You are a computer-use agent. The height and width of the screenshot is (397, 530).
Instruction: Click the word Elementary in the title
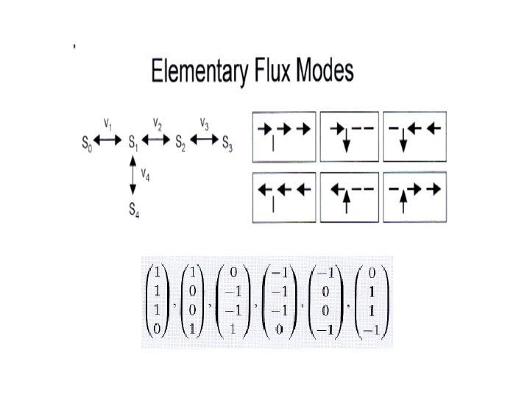(197, 73)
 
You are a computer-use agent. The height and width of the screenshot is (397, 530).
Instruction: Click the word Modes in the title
(321, 71)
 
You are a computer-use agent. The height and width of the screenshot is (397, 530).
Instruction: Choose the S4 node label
(134, 210)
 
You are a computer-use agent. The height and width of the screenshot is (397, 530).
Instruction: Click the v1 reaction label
(107, 122)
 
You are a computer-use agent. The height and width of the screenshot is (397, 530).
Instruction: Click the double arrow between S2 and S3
(204, 140)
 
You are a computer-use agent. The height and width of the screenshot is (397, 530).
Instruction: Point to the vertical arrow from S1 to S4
(133, 176)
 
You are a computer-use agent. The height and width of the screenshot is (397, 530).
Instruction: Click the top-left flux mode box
(283, 136)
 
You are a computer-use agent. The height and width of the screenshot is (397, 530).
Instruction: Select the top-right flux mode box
(414, 136)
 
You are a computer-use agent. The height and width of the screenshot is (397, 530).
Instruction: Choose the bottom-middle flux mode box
(349, 196)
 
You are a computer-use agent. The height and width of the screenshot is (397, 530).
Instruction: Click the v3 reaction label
(205, 122)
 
